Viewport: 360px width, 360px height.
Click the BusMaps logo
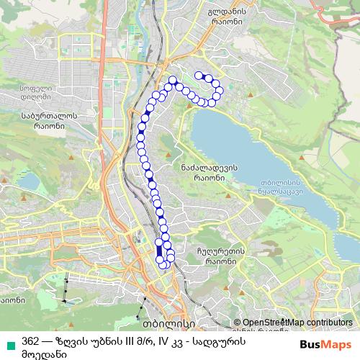click(320, 343)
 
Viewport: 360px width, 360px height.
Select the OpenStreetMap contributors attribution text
click(297, 323)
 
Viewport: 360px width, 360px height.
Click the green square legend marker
click(9, 341)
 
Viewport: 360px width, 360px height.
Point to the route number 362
click(31, 341)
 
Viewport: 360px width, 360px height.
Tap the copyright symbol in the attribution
click(238, 323)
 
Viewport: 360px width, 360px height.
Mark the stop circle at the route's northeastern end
click(199, 74)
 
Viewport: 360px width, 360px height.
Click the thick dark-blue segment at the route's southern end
click(159, 253)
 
